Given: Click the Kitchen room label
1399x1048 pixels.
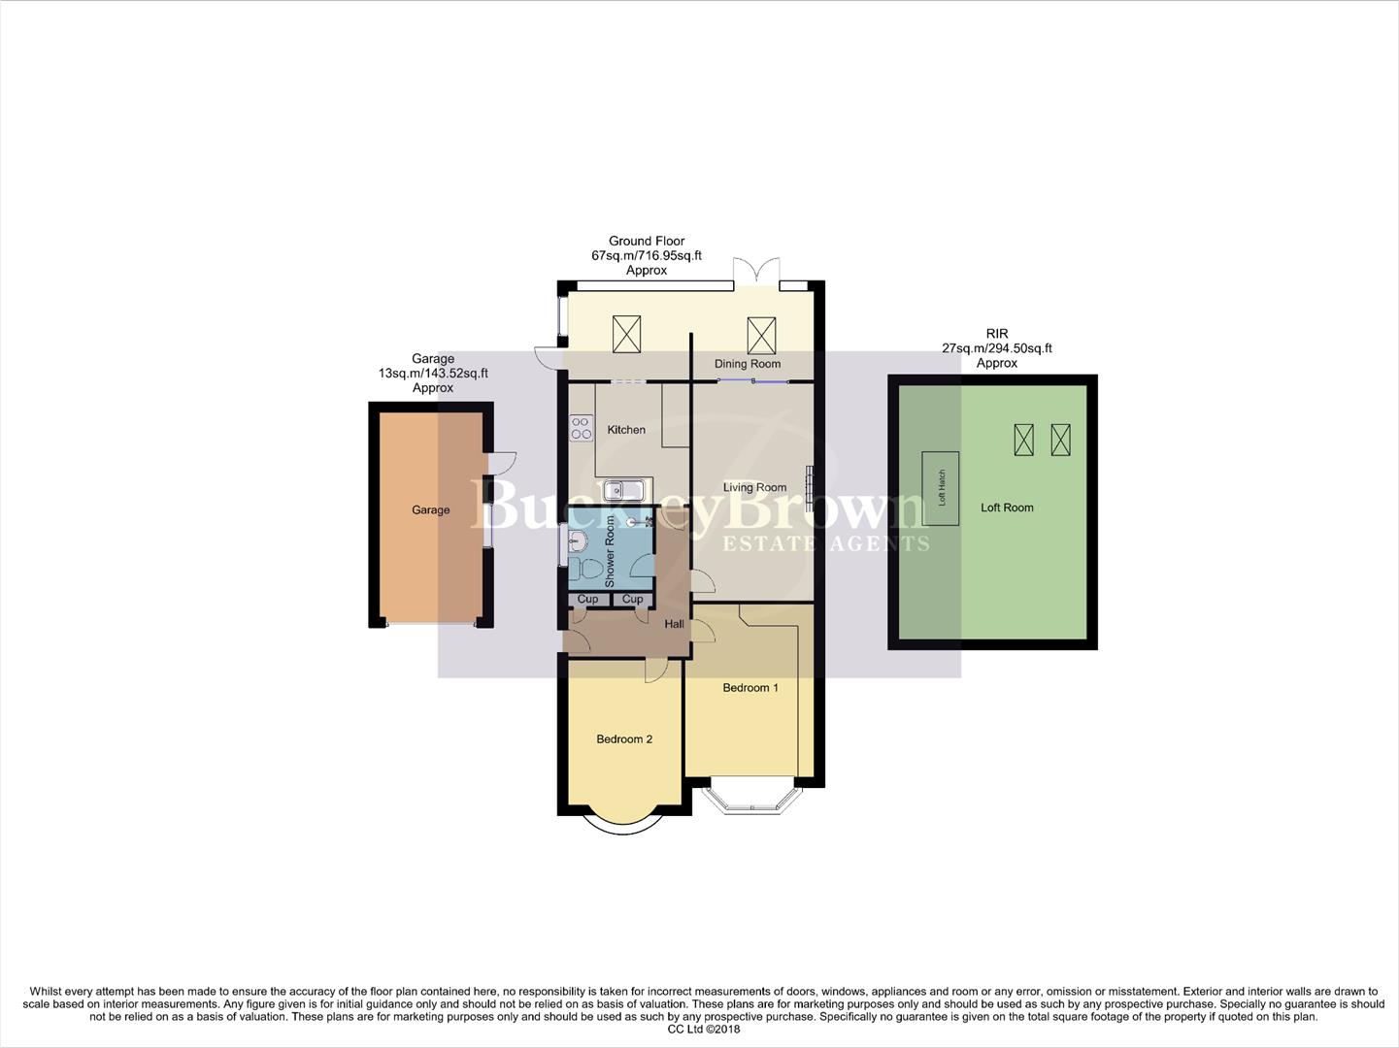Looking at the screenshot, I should tap(626, 430).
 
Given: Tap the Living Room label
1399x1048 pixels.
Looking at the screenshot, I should tap(754, 488).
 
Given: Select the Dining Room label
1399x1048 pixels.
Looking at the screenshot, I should tap(747, 364).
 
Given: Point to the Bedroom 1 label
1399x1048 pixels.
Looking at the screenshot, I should tap(750, 688).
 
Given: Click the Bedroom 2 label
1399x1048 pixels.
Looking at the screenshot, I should tap(623, 739).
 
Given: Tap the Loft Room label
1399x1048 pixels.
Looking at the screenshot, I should tap(1007, 508).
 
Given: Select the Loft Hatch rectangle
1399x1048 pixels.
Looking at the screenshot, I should tap(941, 488).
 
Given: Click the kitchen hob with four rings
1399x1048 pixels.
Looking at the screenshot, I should tap(581, 428).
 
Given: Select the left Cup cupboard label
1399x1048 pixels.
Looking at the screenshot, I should tap(587, 600).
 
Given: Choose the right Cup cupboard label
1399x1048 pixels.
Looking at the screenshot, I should tap(632, 600).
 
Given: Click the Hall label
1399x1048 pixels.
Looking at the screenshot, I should tap(674, 624).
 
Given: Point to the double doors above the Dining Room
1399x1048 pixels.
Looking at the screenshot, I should tap(756, 272).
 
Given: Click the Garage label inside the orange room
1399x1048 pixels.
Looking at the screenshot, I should tap(430, 510).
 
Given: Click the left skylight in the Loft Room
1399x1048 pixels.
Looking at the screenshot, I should tap(1023, 440).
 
